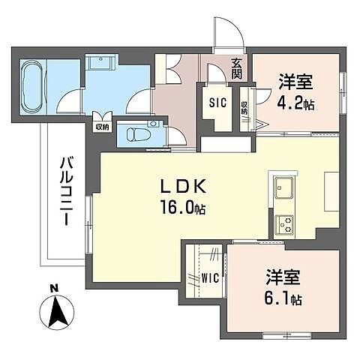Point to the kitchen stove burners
pyautogui.click(x=285, y=222)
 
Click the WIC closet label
pyautogui.click(x=211, y=277)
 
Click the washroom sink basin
pyautogui.click(x=98, y=62)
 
